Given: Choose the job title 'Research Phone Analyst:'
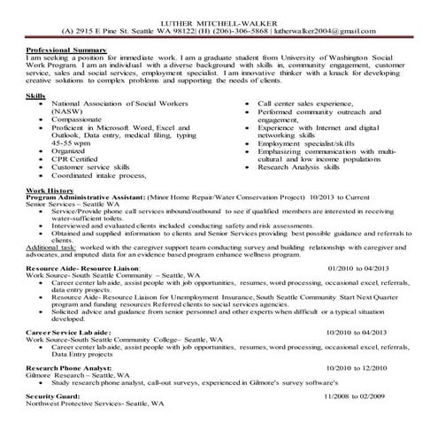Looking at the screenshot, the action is (67, 390).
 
